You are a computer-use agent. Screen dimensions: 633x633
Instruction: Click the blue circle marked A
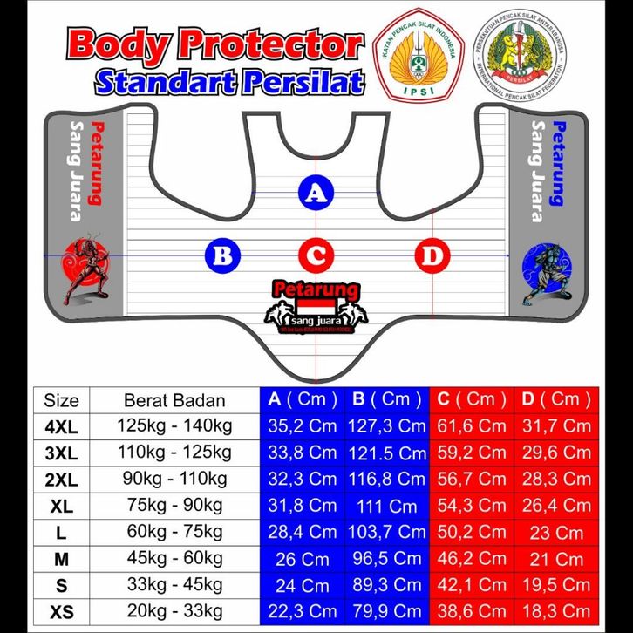(x=316, y=193)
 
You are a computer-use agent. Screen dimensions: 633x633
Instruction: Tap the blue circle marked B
(x=221, y=255)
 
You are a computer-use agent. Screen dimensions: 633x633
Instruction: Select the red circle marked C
(x=316, y=255)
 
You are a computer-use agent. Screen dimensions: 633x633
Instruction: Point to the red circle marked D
(x=431, y=255)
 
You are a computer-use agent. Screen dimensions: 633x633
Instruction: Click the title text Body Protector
(x=214, y=44)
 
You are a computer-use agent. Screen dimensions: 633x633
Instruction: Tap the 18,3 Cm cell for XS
(x=557, y=611)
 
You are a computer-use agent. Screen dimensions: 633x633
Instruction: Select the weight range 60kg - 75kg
(x=174, y=532)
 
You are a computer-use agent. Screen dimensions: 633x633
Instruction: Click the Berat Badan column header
(x=174, y=401)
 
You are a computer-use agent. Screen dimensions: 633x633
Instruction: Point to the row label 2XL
(x=61, y=480)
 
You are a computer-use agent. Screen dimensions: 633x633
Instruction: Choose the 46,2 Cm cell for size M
(x=471, y=558)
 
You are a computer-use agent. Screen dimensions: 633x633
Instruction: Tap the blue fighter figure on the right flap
(x=547, y=272)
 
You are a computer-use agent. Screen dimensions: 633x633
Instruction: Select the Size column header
(x=61, y=401)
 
